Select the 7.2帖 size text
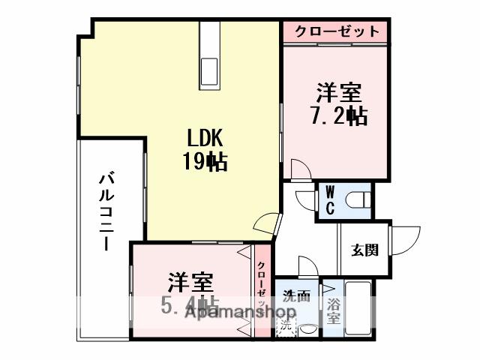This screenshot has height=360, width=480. pyautogui.click(x=338, y=116)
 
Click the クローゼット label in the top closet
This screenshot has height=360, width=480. pyautogui.click(x=337, y=31)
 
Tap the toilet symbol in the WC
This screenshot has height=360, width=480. pyautogui.click(x=360, y=199)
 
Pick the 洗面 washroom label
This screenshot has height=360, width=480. pyautogui.click(x=296, y=295)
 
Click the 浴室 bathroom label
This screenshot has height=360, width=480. pyautogui.click(x=333, y=310)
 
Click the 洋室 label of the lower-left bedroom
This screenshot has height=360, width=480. pyautogui.click(x=190, y=283)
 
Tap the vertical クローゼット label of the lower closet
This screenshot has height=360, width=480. pyautogui.click(x=262, y=289)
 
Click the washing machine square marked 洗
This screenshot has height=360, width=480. pyautogui.click(x=286, y=327)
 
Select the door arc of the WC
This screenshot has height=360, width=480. pyautogui.click(x=306, y=199)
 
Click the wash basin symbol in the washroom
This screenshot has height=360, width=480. pyautogui.click(x=308, y=328)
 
